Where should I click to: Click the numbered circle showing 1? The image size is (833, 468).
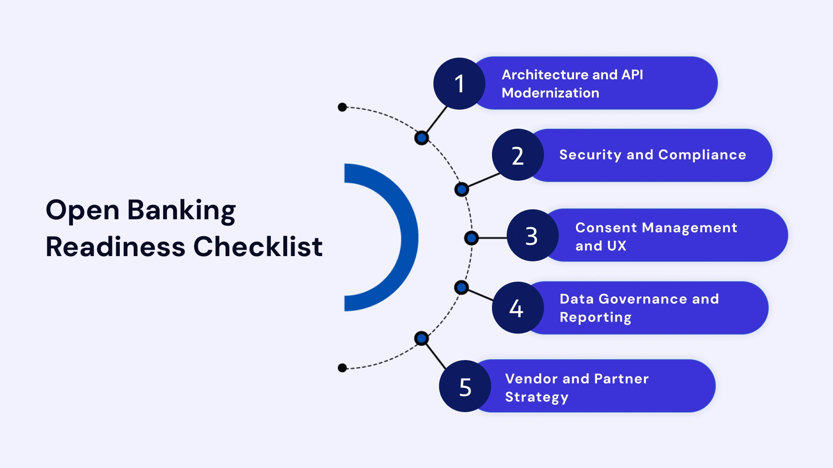tap(459, 84)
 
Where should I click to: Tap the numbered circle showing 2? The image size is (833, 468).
tap(518, 155)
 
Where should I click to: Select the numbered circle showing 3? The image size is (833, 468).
tap(532, 236)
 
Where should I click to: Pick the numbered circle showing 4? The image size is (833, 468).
tap(517, 308)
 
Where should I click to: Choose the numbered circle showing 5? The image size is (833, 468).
tap(465, 386)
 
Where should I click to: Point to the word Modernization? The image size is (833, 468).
tap(550, 93)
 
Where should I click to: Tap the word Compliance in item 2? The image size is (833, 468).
tap(702, 155)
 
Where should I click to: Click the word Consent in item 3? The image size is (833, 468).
tap(606, 228)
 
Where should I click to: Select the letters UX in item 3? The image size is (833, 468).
tap(617, 246)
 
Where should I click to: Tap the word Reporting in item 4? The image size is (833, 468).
tap(595, 318)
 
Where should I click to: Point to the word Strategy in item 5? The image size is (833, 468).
tap(536, 397)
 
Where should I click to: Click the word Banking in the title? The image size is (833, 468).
tap(181, 211)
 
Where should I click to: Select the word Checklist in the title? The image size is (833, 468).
tap(258, 247)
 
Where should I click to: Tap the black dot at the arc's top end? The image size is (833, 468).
tap(342, 107)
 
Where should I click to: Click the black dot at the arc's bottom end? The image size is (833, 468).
tap(342, 368)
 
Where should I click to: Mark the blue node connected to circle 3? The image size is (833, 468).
tap(471, 238)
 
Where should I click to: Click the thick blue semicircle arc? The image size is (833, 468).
tap(409, 237)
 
